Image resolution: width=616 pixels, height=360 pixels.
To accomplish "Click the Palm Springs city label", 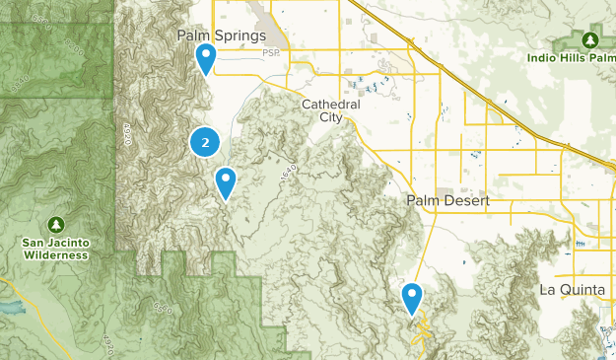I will coord(222,36).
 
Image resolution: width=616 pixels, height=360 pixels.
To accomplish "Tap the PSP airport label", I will coord(272,52).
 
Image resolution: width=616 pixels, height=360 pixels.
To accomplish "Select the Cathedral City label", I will coord(331,110).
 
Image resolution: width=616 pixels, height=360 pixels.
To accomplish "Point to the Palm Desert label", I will coord(446,200).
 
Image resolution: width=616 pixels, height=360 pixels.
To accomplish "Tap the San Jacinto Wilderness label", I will coord(56,248).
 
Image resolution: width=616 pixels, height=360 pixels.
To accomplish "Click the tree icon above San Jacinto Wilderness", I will coord(56,222).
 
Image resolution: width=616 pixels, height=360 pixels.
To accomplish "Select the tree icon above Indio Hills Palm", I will coord(590,39).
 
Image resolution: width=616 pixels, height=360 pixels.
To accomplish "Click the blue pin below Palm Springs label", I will coord(206,57).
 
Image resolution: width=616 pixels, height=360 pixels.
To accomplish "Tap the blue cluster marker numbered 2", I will coord(204,143).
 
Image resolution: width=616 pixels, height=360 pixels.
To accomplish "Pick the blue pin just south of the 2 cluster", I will coord(226,180).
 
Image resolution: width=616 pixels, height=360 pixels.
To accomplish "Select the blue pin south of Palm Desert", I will coord(412,295).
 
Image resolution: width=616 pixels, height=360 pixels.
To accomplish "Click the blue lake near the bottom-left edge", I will coord(10,308).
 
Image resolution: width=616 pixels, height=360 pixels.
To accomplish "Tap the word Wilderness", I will coord(56,254).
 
